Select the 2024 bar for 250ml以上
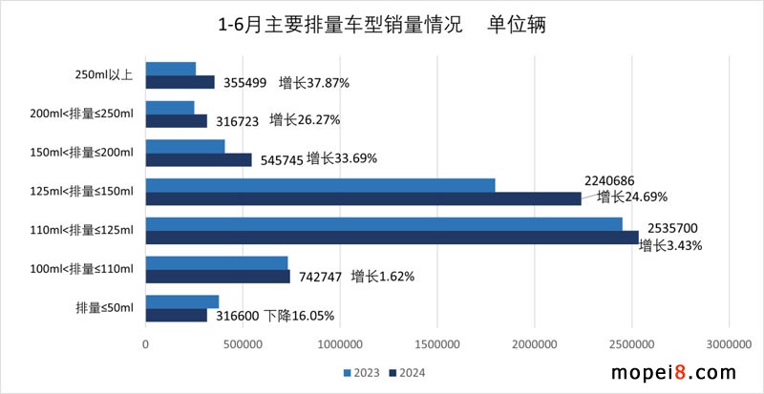pyautogui.click(x=180, y=82)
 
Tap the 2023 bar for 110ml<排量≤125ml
pyautogui.click(x=384, y=223)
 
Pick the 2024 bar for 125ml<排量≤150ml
pyautogui.click(x=363, y=197)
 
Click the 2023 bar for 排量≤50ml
pyautogui.click(x=182, y=301)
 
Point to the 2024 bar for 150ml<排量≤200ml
pyautogui.click(x=199, y=159)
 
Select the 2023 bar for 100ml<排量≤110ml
pyautogui.click(x=217, y=262)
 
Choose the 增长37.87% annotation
pyautogui.click(x=314, y=83)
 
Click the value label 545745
pyautogui.click(x=280, y=159)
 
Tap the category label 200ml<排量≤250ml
pyautogui.click(x=82, y=114)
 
